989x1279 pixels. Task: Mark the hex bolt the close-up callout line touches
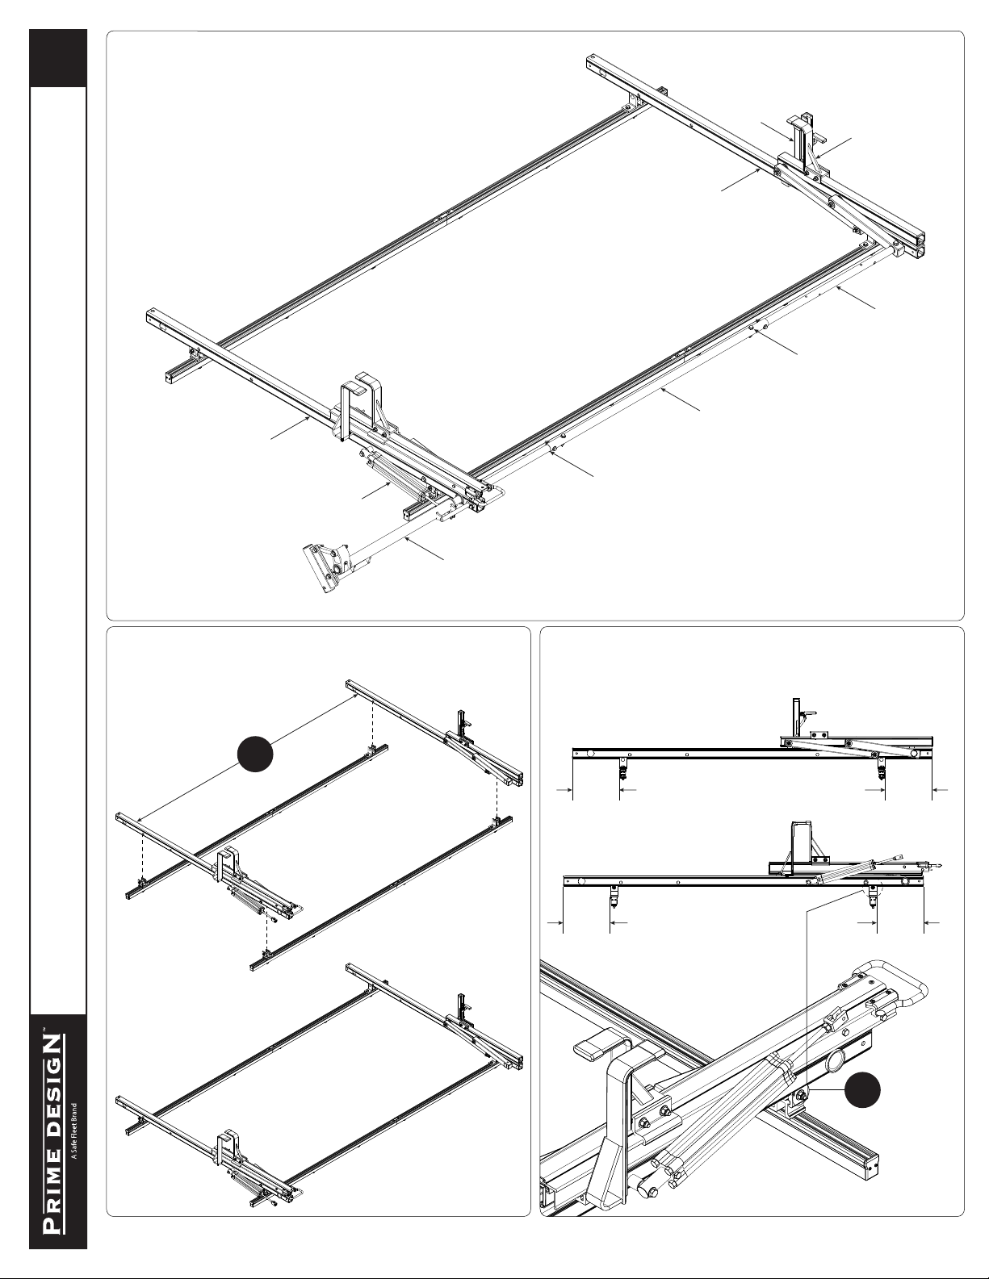(801, 1093)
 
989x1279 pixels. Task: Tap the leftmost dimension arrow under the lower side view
(555, 923)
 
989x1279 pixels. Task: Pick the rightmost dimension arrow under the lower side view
(932, 923)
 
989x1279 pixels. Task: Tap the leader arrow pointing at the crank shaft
(425, 548)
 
